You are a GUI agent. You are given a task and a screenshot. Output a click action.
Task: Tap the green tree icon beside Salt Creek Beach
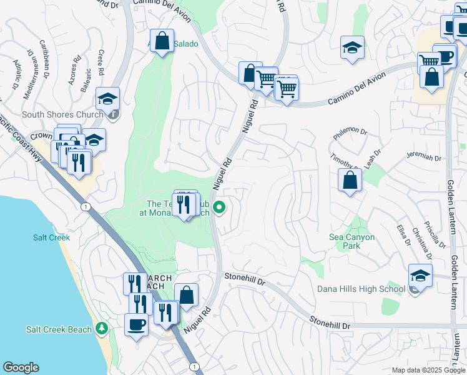pos(102,329)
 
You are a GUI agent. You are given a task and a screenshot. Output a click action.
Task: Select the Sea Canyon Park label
pos(352,241)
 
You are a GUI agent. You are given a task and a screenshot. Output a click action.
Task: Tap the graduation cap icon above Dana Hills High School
pos(420,276)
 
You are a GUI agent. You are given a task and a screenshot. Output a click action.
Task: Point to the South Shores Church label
pos(62,115)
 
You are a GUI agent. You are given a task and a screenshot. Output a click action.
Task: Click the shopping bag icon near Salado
pos(162,42)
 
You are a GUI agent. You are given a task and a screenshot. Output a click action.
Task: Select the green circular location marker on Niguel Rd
pos(219,207)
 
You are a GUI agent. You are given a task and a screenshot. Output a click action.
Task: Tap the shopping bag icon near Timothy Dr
pos(350,181)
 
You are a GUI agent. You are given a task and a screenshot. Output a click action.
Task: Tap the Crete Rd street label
pos(102,61)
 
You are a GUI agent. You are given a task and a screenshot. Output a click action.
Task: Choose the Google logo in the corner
pos(21,367)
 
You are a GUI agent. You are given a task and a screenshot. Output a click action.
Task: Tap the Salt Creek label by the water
pos(51,237)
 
